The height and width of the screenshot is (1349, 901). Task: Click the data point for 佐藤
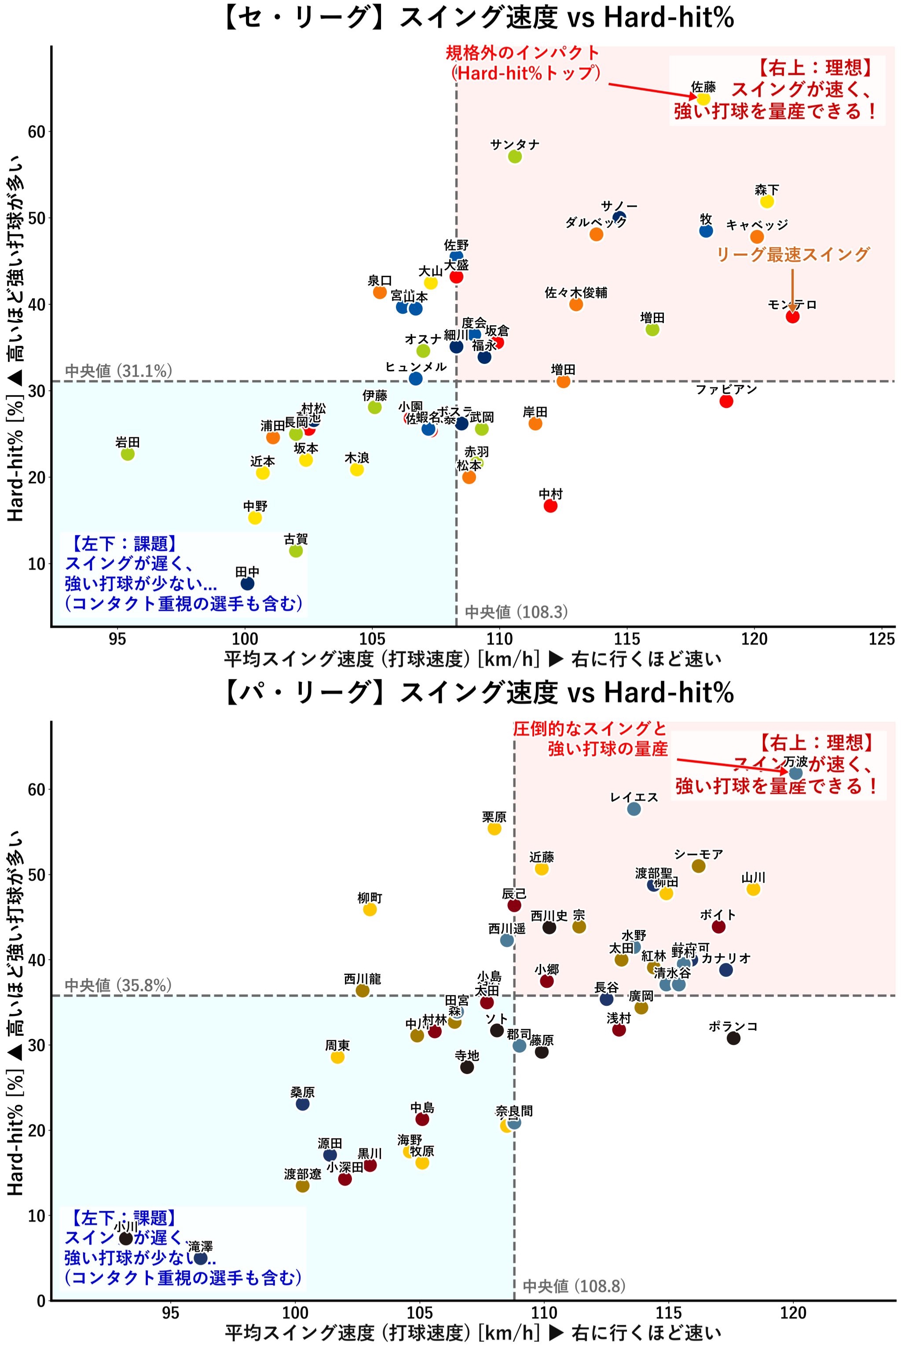click(703, 99)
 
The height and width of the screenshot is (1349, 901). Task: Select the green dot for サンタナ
click(515, 156)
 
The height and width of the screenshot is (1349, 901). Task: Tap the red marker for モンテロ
click(792, 316)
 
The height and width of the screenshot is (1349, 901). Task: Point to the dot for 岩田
click(128, 454)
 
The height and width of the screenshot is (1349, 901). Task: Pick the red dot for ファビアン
click(726, 401)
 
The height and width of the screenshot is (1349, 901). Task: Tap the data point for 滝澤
click(200, 1258)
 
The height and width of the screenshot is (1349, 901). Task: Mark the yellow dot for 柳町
click(370, 909)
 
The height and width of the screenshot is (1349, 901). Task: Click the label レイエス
click(634, 797)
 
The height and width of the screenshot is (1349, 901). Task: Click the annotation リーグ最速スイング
click(793, 254)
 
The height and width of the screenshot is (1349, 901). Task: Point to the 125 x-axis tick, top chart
click(882, 639)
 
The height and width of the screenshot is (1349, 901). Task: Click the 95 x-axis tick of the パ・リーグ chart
click(171, 1313)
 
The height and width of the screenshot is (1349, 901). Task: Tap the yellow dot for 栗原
click(494, 829)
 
